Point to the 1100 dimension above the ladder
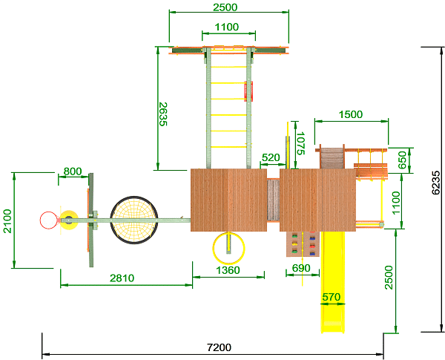click(227, 27)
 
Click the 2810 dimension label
click(122, 278)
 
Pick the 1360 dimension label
click(228, 271)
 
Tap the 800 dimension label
click(73, 171)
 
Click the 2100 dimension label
click(7, 220)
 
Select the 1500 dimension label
click(351, 114)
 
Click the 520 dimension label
click(271, 157)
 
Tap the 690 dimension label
click(301, 268)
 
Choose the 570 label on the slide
click(331, 297)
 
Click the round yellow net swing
click(134, 220)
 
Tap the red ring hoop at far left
click(47, 220)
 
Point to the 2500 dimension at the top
click(225, 7)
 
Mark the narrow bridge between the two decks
click(273, 200)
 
